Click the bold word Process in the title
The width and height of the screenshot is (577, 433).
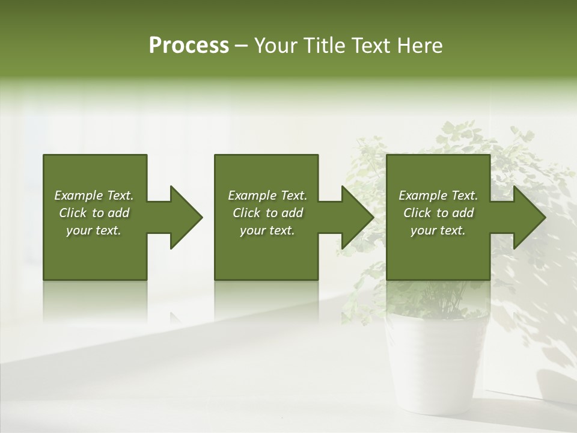189,46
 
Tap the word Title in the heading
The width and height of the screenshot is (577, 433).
323,46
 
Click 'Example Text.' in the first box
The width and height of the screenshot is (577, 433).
94,195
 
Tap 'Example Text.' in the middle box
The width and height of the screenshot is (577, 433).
267,195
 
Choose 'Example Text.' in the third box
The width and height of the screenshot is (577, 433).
438,195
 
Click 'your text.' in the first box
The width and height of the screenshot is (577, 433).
94,230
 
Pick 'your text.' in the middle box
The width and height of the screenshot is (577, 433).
267,230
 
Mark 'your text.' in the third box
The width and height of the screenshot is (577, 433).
438,230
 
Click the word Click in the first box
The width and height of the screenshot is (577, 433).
73,213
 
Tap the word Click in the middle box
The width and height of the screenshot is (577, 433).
246,213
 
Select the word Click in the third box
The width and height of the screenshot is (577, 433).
417,213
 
